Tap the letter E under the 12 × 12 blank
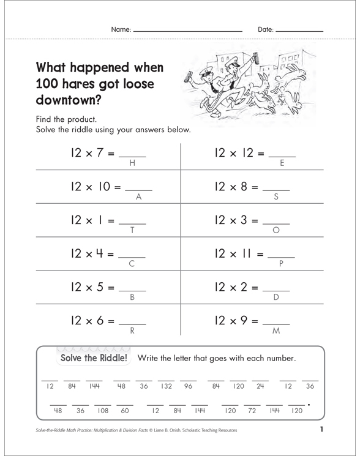282,163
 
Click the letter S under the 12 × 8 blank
276,197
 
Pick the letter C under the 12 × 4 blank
132,264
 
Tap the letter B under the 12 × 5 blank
132,298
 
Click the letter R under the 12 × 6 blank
132,331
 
